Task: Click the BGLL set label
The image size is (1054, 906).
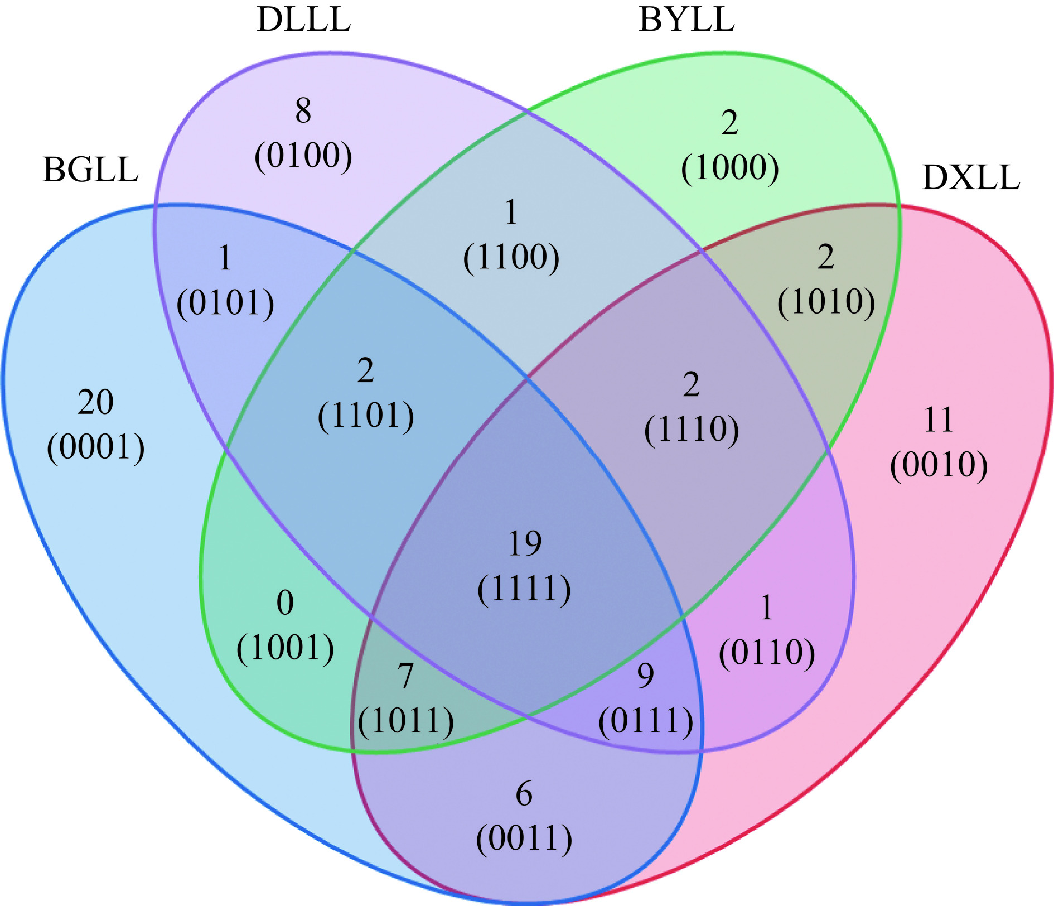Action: tap(90, 170)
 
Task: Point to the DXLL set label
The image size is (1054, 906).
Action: tap(971, 178)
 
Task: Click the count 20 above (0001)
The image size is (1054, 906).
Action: tap(95, 402)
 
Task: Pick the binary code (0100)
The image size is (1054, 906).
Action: tap(303, 156)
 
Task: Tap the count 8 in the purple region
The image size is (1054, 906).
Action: tap(303, 110)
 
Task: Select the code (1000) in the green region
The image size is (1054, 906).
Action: tap(730, 168)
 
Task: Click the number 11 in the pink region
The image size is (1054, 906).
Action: tap(939, 420)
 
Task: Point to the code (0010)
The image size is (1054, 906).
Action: tap(939, 465)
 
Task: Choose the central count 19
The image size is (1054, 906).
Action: tap(525, 544)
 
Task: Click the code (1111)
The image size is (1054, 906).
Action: tap(525, 589)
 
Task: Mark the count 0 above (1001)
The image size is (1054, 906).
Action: tap(285, 603)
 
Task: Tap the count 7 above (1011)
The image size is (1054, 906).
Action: tap(405, 676)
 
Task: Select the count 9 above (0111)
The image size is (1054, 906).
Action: tap(645, 676)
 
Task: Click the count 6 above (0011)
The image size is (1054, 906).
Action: tap(524, 794)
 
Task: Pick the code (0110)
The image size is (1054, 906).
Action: tap(767, 653)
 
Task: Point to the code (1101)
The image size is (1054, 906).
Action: tap(366, 416)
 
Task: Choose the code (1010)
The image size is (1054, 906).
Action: tap(826, 302)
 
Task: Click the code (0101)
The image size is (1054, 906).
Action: tap(225, 303)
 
